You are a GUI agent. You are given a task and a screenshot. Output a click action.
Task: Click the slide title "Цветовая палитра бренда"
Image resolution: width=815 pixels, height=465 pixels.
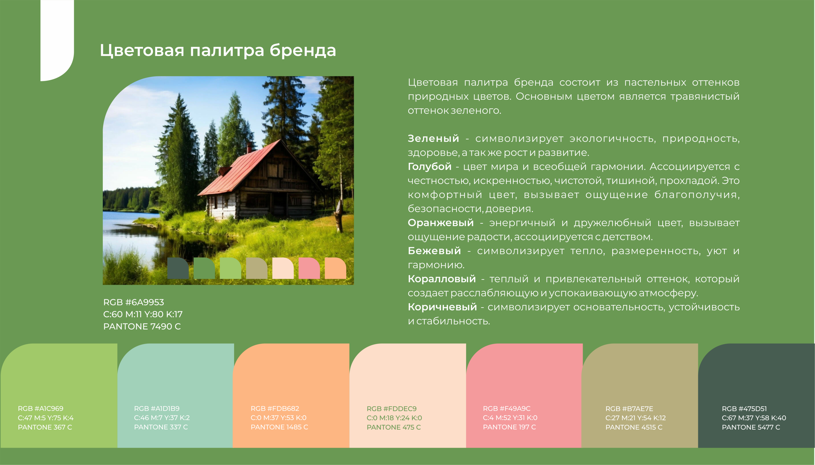pos(218,50)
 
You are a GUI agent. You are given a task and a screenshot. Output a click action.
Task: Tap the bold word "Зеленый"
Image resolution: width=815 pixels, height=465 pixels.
pos(433,138)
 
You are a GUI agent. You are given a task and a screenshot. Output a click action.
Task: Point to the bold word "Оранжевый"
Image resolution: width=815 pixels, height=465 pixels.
pos(441,223)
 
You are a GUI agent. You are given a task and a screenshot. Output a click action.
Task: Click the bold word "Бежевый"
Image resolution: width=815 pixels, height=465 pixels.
pos(434,251)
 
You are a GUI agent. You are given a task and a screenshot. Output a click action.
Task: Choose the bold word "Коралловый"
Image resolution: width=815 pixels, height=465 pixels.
pos(442,279)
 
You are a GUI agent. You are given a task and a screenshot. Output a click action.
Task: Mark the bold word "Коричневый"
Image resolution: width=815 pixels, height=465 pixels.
pos(442,307)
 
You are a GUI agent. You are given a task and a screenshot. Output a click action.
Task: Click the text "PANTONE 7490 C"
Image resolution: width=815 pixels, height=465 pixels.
pos(142,326)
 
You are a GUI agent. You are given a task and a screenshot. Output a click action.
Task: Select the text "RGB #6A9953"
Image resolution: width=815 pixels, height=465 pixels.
pos(133,302)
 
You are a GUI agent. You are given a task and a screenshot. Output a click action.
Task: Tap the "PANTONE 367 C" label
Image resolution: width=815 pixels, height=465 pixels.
pos(45,427)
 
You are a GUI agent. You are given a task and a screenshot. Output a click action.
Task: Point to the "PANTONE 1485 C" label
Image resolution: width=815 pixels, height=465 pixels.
pos(279,427)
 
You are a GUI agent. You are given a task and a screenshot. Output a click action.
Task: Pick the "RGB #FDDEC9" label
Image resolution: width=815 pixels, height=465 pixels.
pos(391,409)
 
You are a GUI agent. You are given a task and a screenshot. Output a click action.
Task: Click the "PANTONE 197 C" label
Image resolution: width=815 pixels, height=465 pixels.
pos(509,427)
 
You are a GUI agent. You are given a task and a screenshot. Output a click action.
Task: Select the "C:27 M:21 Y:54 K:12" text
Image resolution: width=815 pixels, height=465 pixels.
pos(635,418)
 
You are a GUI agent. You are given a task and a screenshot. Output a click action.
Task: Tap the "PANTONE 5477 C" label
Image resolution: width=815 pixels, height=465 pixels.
pos(751,427)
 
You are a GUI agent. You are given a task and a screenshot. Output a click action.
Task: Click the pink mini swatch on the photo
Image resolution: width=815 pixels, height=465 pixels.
pos(309,268)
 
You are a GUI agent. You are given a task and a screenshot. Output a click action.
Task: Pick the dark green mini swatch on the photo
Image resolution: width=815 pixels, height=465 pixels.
pos(178,268)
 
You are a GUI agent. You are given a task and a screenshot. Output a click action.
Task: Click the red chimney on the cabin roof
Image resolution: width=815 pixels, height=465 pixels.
pos(249,147)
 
